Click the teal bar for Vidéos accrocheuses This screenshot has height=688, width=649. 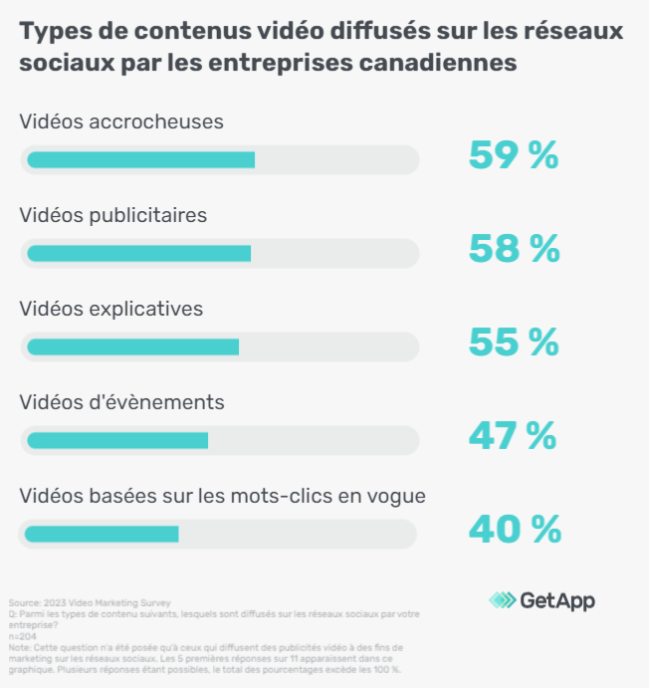pyautogui.click(x=140, y=159)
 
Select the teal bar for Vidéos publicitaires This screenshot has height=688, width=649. pyautogui.click(x=138, y=253)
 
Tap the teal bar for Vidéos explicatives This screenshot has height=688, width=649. pyautogui.click(x=132, y=346)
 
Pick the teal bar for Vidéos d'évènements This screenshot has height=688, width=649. pyautogui.click(x=117, y=440)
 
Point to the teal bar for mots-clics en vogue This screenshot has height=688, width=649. pyautogui.click(x=102, y=534)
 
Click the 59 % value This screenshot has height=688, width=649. pyautogui.click(x=514, y=156)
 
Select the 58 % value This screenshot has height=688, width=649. pyautogui.click(x=514, y=250)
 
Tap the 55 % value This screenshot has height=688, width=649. pyautogui.click(x=514, y=343)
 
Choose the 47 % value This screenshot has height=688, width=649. pyautogui.click(x=514, y=436)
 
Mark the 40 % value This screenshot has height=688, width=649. pyautogui.click(x=515, y=530)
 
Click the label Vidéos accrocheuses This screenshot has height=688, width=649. pyautogui.click(x=121, y=122)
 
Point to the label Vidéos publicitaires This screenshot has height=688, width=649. pyautogui.click(x=113, y=215)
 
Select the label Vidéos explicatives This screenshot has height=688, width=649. pyautogui.click(x=111, y=309)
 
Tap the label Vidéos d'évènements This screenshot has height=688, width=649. pyautogui.click(x=121, y=402)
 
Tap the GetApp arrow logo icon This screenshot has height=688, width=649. pyautogui.click(x=502, y=600)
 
